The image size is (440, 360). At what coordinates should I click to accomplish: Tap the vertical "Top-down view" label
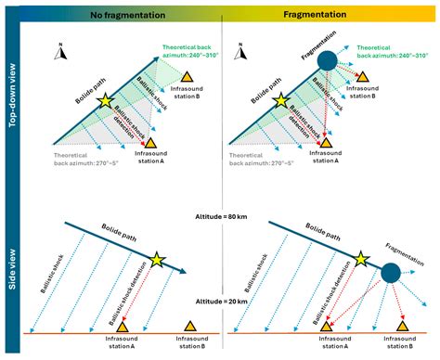[x=11, y=101]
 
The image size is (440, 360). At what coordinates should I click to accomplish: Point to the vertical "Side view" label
[x=11, y=273]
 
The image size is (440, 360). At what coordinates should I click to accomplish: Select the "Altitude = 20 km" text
[x=219, y=302]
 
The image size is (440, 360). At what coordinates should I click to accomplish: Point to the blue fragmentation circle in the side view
[x=391, y=272]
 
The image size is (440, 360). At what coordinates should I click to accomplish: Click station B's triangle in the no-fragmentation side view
[x=191, y=326]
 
